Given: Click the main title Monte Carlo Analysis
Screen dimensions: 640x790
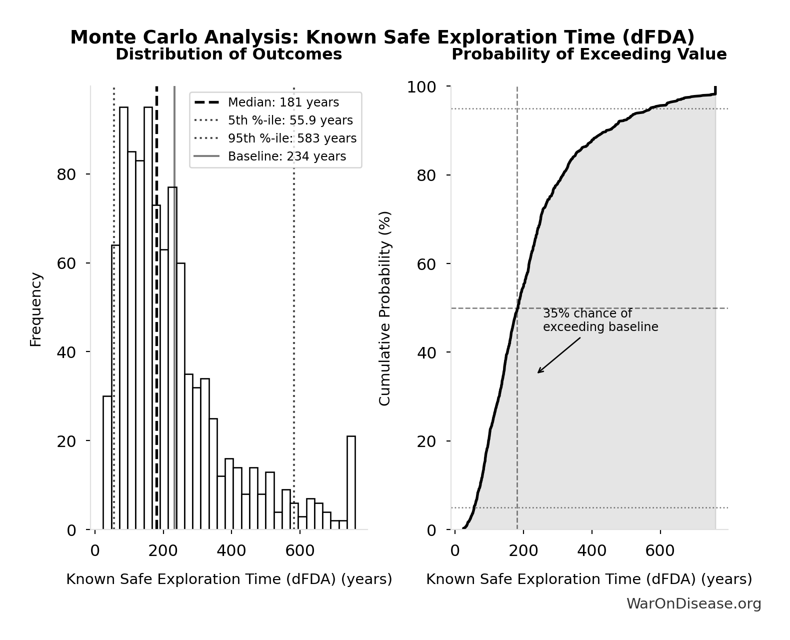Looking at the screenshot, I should pos(382,37).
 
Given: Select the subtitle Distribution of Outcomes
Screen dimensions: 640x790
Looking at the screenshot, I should pos(228,54).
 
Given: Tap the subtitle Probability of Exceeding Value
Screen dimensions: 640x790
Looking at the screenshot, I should pos(589,54).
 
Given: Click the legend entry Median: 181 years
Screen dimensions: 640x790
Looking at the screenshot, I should pos(283,102).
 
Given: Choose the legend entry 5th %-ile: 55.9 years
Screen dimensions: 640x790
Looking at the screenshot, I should pos(290,120).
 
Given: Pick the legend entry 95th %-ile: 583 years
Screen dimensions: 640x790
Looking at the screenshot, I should pos(292,138).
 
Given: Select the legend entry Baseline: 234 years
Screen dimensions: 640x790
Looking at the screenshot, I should pos(286,156).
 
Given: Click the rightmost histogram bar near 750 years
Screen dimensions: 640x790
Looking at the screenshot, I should pos(351,482).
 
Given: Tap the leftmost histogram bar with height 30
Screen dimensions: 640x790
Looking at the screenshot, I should pos(107,462).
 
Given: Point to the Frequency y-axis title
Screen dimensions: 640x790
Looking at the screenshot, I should pos(35,309).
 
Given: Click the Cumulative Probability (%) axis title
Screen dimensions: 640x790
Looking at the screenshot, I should pos(384,308).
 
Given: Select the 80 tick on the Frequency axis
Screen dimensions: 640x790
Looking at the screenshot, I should pos(66,174).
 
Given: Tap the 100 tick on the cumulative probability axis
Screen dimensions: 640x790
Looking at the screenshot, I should pos(421,87).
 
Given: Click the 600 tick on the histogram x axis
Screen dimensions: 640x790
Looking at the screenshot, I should pos(299,551).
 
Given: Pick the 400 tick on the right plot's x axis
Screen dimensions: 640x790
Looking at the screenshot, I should pos(591,551).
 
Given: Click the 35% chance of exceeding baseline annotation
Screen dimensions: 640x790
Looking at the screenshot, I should pos(600,320).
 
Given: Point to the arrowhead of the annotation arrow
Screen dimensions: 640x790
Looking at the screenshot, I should pos(539,372).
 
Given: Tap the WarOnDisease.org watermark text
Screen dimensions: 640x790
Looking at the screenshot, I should pos(693,604).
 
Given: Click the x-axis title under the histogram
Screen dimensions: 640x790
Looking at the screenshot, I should pos(229,579).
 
